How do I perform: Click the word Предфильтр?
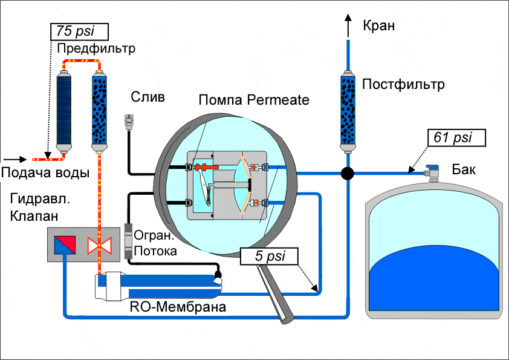96,48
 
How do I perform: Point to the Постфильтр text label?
403,84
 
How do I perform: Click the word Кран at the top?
378,25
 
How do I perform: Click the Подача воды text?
45,173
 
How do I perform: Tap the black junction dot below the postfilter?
347,174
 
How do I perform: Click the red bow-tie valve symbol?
97,246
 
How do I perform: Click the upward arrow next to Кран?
348,27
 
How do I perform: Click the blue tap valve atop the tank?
432,171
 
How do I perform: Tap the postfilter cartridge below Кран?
348,111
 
